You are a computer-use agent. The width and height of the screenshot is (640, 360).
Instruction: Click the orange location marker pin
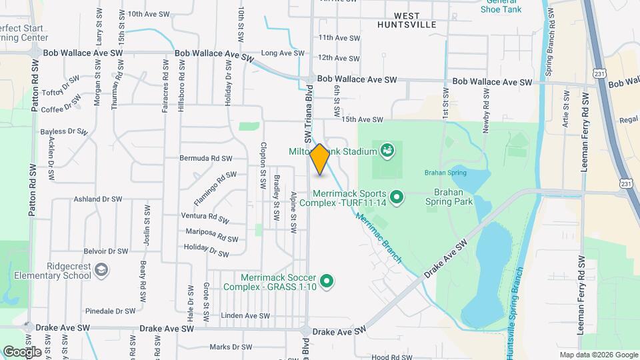[x=319, y=159]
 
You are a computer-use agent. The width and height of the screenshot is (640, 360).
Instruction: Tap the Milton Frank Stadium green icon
[x=386, y=151]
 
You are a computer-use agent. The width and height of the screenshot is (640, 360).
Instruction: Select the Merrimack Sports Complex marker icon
[x=397, y=197]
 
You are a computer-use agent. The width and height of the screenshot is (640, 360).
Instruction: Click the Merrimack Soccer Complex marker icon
[x=326, y=282]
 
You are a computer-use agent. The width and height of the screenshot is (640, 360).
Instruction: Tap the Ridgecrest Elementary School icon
[x=101, y=270]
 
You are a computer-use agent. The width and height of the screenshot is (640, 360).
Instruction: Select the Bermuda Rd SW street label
[x=205, y=159]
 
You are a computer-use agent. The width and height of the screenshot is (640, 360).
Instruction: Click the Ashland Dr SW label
[x=98, y=199]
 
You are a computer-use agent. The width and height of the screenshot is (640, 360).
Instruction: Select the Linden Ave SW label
[x=245, y=315]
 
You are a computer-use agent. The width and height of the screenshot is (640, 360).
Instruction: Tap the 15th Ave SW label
[x=362, y=119]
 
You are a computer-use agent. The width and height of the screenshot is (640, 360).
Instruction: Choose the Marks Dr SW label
[x=231, y=347]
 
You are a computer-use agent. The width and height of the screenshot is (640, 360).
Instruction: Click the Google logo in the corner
[x=22, y=351]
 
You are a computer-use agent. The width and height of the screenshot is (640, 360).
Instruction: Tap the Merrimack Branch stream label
[x=377, y=237]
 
